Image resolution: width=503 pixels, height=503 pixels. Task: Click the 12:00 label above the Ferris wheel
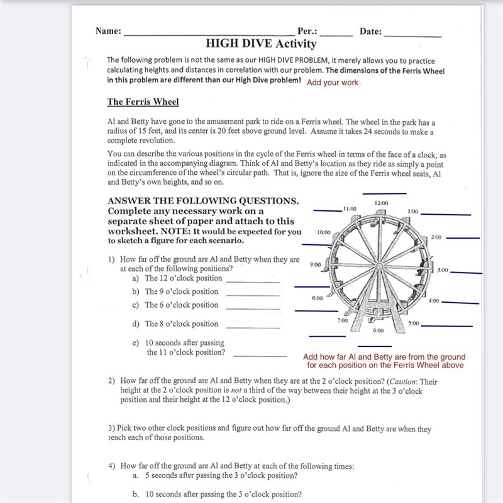(x=381, y=203)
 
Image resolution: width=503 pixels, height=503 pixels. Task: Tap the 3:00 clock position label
(x=443, y=270)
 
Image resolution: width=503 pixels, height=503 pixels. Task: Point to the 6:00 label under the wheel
(x=378, y=330)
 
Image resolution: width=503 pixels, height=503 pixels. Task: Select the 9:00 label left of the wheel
(x=315, y=264)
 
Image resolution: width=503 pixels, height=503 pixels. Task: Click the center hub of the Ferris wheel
(x=379, y=266)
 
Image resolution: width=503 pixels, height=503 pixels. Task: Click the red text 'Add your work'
(x=333, y=82)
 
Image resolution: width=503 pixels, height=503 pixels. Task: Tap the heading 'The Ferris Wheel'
(x=143, y=102)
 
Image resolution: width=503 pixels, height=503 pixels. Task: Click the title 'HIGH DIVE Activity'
(x=261, y=43)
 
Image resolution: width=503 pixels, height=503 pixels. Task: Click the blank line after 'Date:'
(x=412, y=36)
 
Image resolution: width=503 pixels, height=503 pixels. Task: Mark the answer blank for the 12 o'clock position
(x=253, y=283)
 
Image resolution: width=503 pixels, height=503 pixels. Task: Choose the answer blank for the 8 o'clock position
(x=253, y=328)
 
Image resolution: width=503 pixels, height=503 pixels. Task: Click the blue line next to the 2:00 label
(x=463, y=239)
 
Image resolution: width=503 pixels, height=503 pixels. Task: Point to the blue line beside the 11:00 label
(x=328, y=211)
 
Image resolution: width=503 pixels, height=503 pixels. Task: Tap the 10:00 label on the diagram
(x=324, y=232)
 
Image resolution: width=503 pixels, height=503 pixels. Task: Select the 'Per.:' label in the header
(x=307, y=31)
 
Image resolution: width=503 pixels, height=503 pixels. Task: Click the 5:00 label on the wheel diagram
(x=414, y=323)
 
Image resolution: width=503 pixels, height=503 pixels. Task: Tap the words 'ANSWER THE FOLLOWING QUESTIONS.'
(x=203, y=201)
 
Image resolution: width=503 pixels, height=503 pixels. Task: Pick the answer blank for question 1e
(x=260, y=357)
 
